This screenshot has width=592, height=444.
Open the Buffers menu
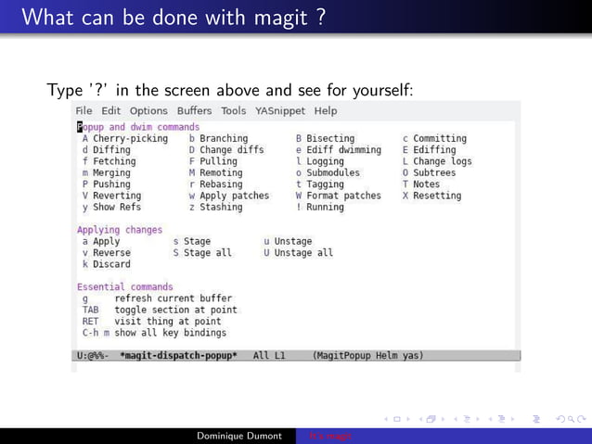point(194,111)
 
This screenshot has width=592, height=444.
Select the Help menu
point(326,111)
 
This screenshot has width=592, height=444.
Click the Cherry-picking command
point(130,138)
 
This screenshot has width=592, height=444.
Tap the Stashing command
point(220,207)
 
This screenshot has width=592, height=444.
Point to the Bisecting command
point(329,138)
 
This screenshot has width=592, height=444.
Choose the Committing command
point(439,138)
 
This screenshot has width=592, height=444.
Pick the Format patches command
point(343,196)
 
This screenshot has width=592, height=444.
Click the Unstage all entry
point(303,252)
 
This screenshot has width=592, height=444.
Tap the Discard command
point(111,264)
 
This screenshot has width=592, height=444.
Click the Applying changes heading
point(119,230)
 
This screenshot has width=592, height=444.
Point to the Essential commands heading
point(124,287)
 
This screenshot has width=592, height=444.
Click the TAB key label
point(90,310)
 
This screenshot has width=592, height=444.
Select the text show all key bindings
point(170,332)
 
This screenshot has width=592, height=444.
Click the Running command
point(327,207)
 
